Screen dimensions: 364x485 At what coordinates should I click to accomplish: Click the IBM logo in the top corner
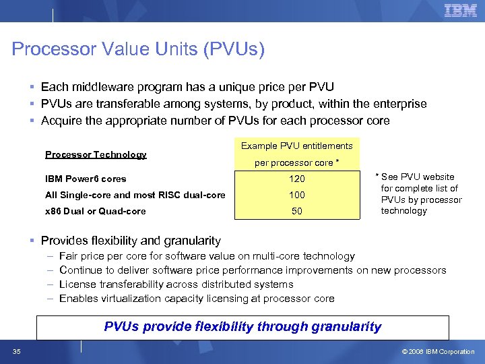coord(460,10)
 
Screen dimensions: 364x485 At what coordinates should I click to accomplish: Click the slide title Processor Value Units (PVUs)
coord(138,49)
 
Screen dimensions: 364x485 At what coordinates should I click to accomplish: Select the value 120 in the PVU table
coord(297,179)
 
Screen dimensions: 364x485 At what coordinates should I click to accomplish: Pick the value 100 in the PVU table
coord(297,195)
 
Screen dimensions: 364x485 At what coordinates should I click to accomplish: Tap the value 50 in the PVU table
coord(297,211)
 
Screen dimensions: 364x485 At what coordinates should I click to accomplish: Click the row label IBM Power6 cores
coord(86,179)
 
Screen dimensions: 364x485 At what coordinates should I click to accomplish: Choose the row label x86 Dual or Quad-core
coord(95,211)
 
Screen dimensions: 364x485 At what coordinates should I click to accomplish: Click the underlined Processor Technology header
coord(96,154)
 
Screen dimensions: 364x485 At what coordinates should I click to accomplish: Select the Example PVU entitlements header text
coord(297,146)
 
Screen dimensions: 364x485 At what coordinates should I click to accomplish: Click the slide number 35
coord(16,351)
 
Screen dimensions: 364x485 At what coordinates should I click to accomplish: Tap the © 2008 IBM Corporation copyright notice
coord(438,351)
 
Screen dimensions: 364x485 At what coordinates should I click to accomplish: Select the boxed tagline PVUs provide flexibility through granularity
coord(243,327)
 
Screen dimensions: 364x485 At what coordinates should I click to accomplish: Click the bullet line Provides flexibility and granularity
coord(131,241)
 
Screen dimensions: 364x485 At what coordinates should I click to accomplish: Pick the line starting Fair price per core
coord(207,256)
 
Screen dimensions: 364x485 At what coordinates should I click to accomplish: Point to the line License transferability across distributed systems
coord(176,284)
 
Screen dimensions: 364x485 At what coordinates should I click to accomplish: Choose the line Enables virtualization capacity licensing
coord(197,299)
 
